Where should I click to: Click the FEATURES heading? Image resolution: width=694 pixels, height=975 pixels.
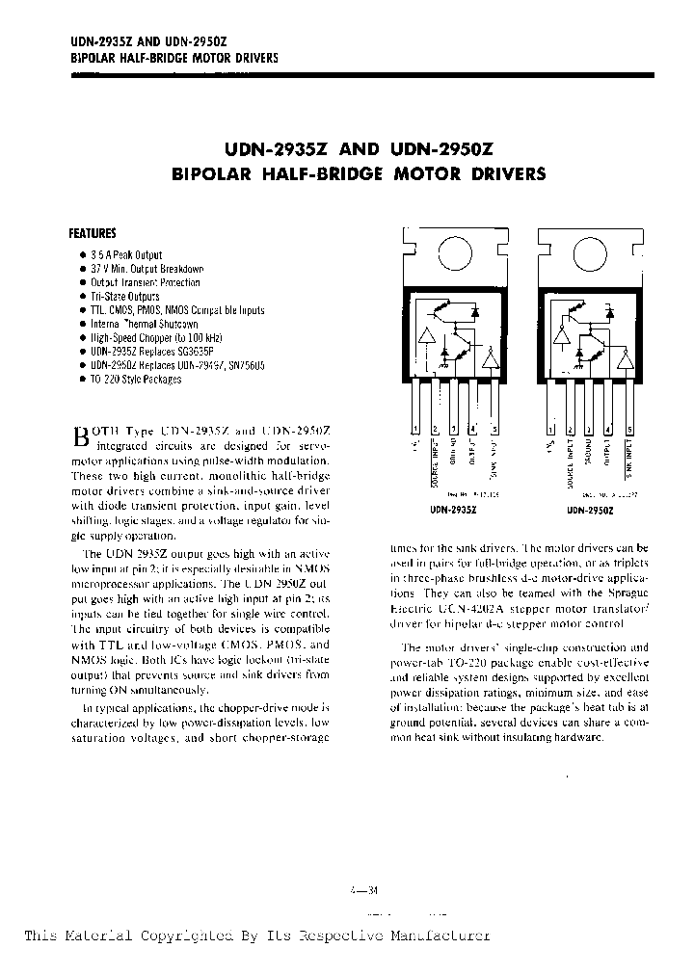click(x=93, y=233)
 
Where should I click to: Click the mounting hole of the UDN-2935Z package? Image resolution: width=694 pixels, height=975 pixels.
click(x=455, y=253)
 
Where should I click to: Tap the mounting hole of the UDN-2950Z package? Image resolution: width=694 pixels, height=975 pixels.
click(x=590, y=253)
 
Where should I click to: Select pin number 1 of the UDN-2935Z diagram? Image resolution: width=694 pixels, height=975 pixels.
click(x=415, y=429)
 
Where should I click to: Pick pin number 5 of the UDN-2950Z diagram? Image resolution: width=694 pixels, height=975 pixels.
click(x=631, y=429)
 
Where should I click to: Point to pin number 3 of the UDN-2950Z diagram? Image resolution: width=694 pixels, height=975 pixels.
click(x=590, y=429)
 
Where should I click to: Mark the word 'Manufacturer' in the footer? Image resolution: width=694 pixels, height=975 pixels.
click(x=433, y=935)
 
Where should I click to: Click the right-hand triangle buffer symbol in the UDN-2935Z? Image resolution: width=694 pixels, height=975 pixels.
click(x=492, y=361)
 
